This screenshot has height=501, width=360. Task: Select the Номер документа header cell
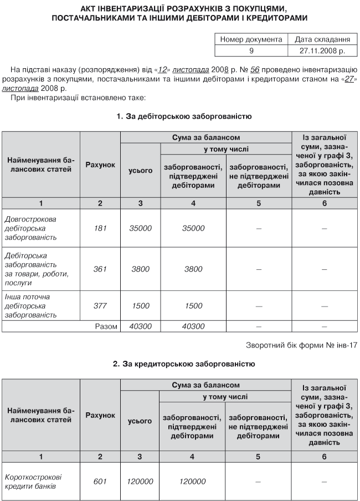click(251, 40)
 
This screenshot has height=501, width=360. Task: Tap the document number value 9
click(251, 50)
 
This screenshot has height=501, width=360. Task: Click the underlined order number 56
click(255, 70)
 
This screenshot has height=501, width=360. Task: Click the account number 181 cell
click(100, 228)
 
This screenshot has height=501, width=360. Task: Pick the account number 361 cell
click(100, 269)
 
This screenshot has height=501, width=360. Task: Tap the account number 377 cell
click(100, 305)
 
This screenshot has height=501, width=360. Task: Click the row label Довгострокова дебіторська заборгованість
click(33, 228)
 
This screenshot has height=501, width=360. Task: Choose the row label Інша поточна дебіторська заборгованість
click(33, 305)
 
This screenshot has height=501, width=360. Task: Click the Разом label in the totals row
click(106, 326)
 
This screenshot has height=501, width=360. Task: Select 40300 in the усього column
click(140, 326)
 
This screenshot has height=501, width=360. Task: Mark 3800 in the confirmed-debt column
click(193, 269)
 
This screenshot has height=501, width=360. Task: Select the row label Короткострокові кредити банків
click(33, 481)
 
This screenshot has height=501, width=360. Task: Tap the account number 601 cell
click(100, 481)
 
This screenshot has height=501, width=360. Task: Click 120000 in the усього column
click(140, 481)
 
